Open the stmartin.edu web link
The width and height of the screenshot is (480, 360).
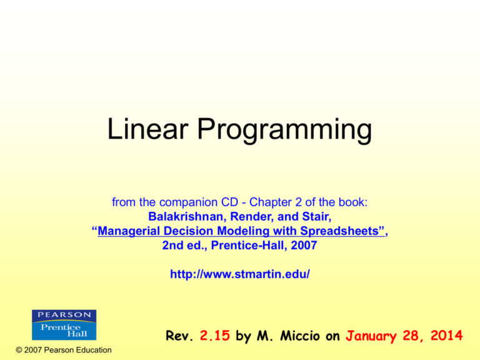click(240, 274)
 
